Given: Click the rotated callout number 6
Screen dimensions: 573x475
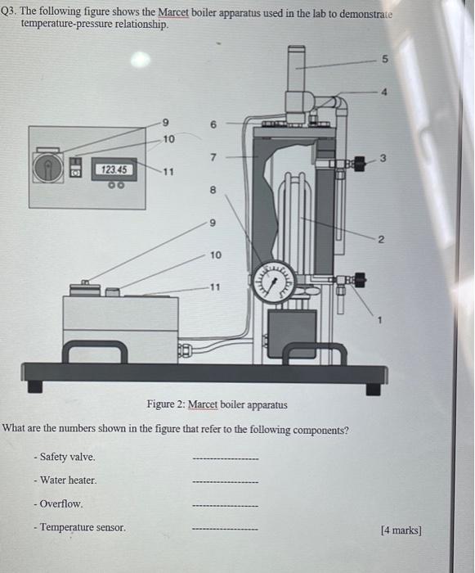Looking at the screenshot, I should (213, 124).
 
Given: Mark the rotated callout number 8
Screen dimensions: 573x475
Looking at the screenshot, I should (213, 190).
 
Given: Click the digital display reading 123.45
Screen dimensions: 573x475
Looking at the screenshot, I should (113, 169).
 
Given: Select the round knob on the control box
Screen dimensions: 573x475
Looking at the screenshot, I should (47, 167).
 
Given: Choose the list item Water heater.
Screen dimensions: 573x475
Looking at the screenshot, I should (68, 481).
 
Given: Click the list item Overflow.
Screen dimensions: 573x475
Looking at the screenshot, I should (60, 504).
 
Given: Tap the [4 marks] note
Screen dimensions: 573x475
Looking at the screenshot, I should (401, 530).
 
